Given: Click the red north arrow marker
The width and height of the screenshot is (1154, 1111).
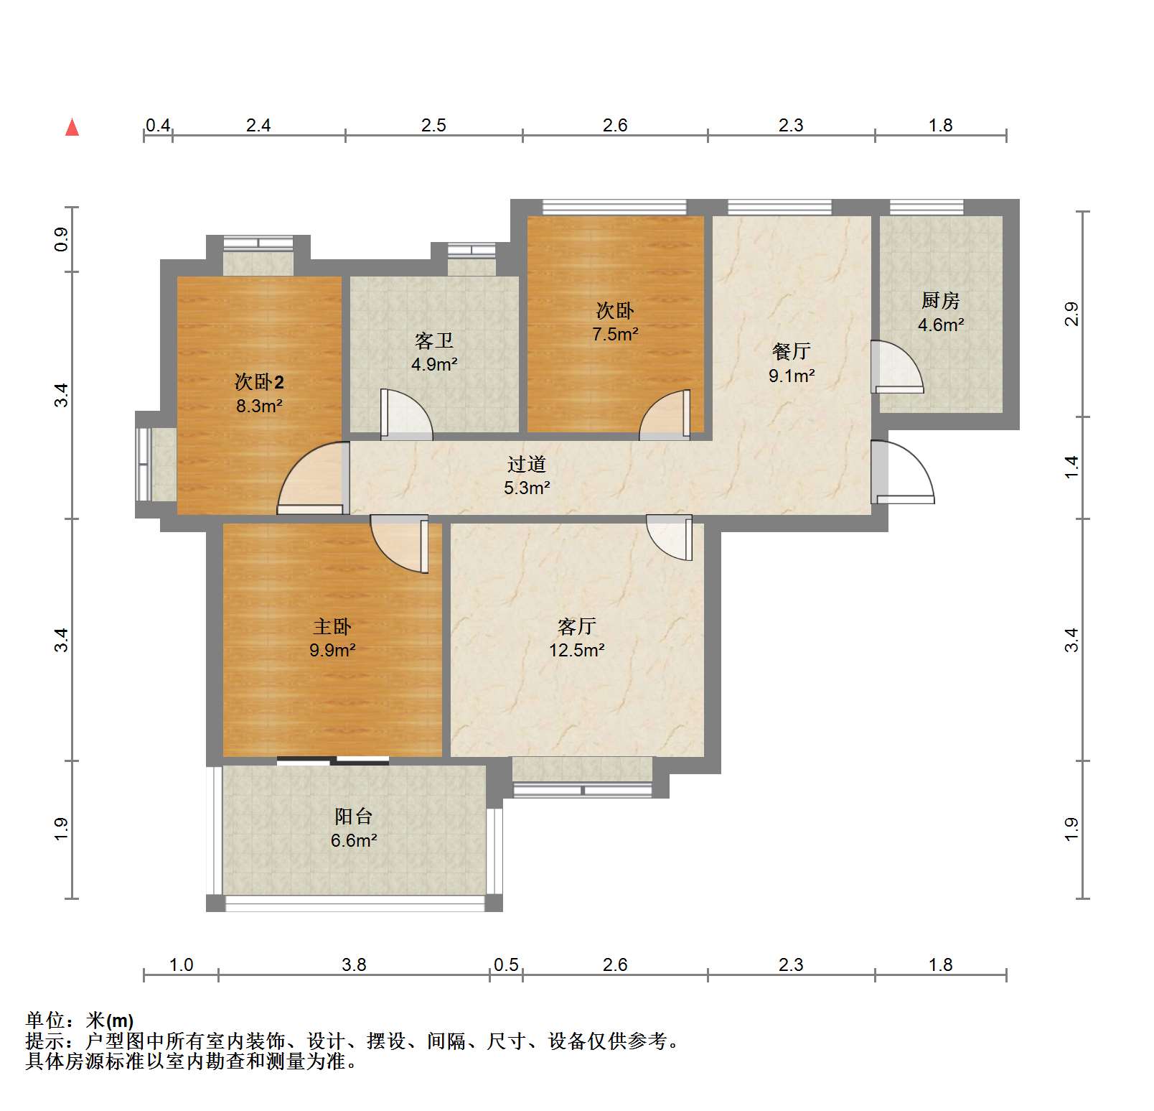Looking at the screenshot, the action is point(72,127).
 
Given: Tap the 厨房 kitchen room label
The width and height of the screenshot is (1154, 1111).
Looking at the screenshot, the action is point(940,300).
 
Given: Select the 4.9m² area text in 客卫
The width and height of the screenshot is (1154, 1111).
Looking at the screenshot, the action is point(434,364).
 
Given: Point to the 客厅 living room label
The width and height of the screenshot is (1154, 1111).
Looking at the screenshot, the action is point(576,627).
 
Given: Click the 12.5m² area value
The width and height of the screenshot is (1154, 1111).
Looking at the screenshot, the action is point(576,650).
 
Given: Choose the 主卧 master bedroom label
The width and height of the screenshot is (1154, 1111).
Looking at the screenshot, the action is point(332,627).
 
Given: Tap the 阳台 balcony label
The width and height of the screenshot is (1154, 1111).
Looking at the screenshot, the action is point(353,817).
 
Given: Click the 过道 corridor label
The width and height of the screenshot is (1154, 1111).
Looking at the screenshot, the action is point(526,465).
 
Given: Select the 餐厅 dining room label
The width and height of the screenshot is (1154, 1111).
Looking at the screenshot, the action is point(791,351).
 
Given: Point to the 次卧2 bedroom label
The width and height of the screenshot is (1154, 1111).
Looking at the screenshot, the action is point(259,381).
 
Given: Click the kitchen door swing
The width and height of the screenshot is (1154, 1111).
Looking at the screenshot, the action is point(897,367).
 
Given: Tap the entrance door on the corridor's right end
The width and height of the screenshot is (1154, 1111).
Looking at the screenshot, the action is point(903,472).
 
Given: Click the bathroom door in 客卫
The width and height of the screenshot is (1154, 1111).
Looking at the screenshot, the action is point(406,414).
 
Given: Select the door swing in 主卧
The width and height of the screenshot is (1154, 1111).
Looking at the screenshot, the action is point(400,544).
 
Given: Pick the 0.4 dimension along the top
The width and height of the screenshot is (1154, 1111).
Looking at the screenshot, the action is point(158,126).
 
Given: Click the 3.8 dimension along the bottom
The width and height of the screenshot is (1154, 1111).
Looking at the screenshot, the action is point(354,964).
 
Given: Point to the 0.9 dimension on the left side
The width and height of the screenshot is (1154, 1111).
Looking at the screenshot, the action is point(62,239).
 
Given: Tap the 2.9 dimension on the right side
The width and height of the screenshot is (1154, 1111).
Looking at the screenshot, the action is point(1071,314).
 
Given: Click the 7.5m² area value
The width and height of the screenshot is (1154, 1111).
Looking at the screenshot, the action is point(615,334).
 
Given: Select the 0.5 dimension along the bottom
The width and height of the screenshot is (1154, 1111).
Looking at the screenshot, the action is point(506,964).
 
